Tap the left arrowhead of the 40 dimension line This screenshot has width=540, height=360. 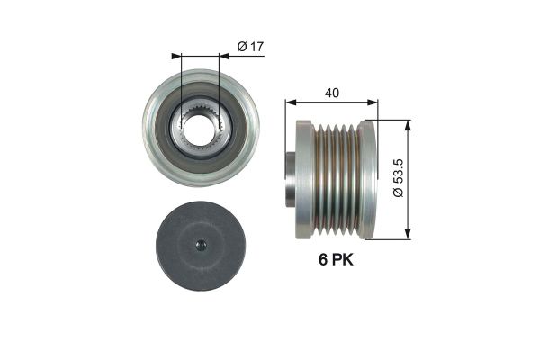tap(290, 102)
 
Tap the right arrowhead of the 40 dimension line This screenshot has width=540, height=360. tap(373, 102)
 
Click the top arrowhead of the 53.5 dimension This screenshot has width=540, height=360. tap(409, 123)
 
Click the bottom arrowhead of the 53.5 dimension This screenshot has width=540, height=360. tap(409, 236)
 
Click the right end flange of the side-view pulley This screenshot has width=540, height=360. tap(366, 180)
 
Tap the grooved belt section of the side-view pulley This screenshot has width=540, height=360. tap(336, 180)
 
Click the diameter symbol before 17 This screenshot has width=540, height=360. tap(240, 45)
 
